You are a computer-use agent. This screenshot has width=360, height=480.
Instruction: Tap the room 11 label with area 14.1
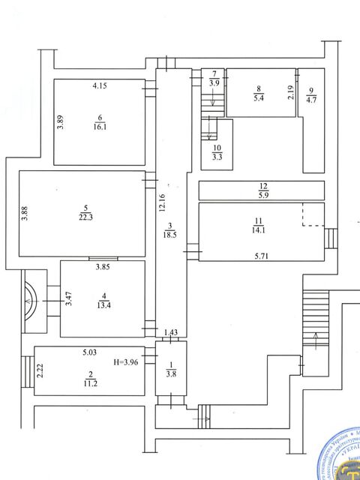pyautogui.click(x=260, y=225)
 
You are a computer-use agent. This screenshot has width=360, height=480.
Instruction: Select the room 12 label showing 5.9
pyautogui.click(x=262, y=190)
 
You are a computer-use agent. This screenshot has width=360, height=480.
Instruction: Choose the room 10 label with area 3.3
pyautogui.click(x=217, y=153)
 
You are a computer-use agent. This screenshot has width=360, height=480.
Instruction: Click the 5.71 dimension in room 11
pyautogui.click(x=261, y=256)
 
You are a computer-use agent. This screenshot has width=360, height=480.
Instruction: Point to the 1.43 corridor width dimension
pyautogui.click(x=172, y=332)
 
